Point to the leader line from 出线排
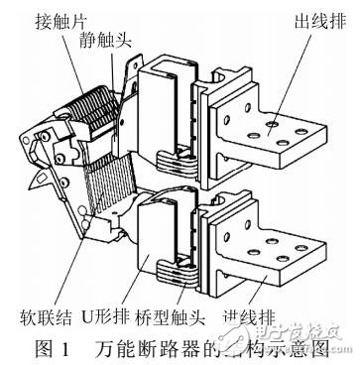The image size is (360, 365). pyautogui.click(x=294, y=69)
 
